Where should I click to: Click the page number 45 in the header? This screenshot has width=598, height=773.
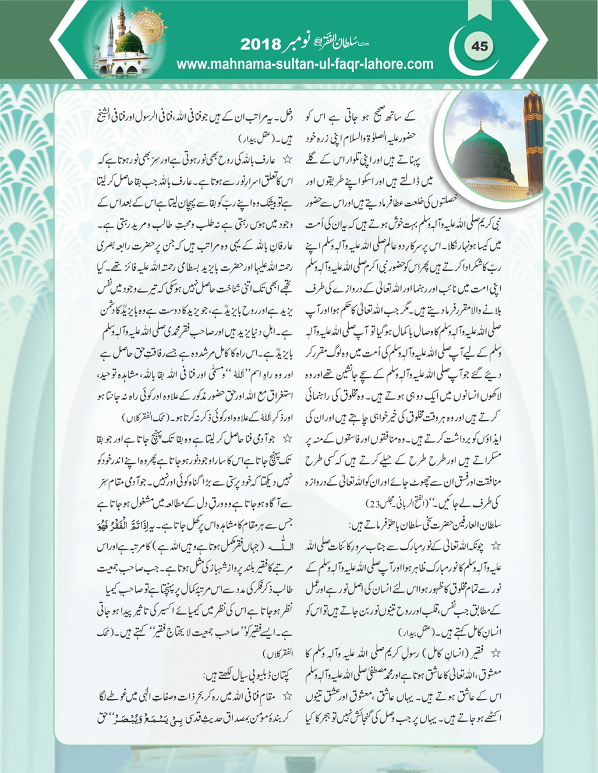479,46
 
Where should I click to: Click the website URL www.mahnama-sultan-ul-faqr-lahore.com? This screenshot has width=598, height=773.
305,64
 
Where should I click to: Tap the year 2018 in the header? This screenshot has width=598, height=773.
260,45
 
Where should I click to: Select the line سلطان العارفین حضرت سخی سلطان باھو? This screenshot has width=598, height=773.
425,524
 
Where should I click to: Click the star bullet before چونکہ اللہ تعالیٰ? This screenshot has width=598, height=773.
496,546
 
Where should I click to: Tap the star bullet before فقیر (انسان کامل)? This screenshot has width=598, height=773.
496,653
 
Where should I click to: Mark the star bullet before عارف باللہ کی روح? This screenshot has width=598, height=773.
286,159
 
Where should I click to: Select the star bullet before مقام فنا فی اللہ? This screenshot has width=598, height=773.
286,696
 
